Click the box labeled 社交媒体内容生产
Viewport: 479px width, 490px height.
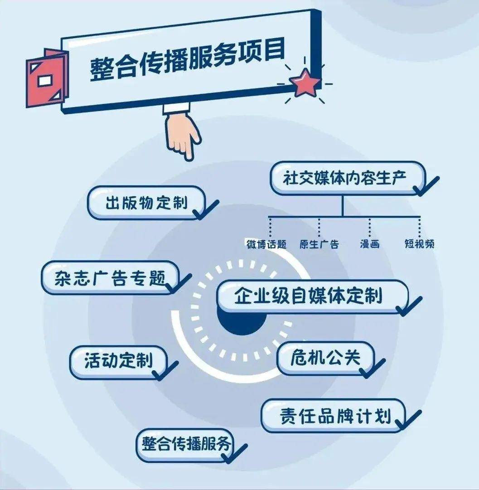coord(347,177)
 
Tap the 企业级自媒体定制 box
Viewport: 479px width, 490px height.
coord(308,296)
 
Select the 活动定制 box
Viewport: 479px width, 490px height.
coord(118,361)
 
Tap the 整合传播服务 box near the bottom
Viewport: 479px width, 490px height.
coord(186,444)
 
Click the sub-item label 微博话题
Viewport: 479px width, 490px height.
coord(266,244)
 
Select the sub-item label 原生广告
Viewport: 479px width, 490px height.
coord(319,244)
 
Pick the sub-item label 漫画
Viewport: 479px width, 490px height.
coord(369,244)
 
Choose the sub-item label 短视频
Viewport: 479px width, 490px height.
coord(419,244)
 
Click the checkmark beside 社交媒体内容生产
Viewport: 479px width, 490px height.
coord(426,186)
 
